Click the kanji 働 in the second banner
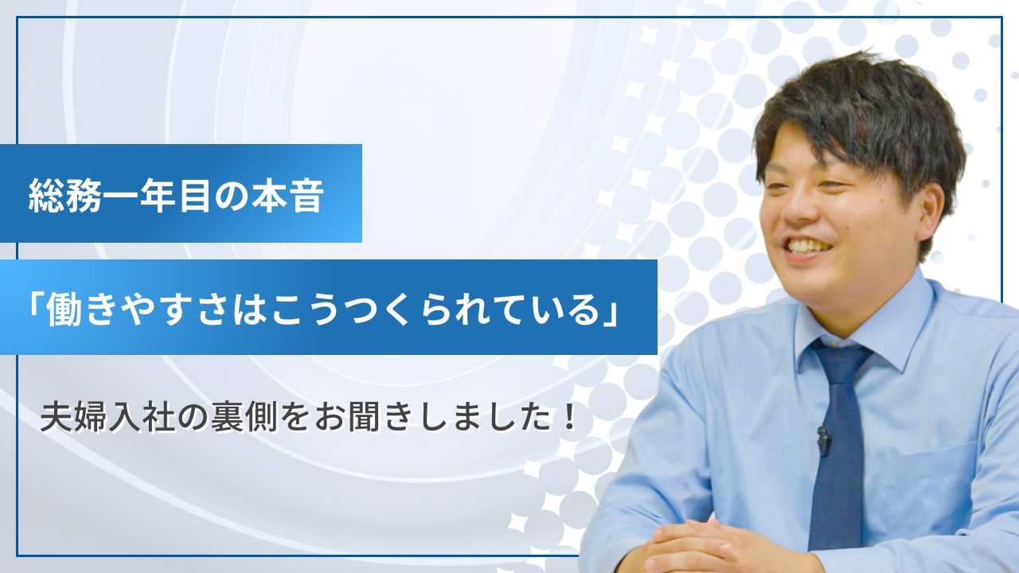click(x=67, y=308)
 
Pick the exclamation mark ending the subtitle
click(x=568, y=417)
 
